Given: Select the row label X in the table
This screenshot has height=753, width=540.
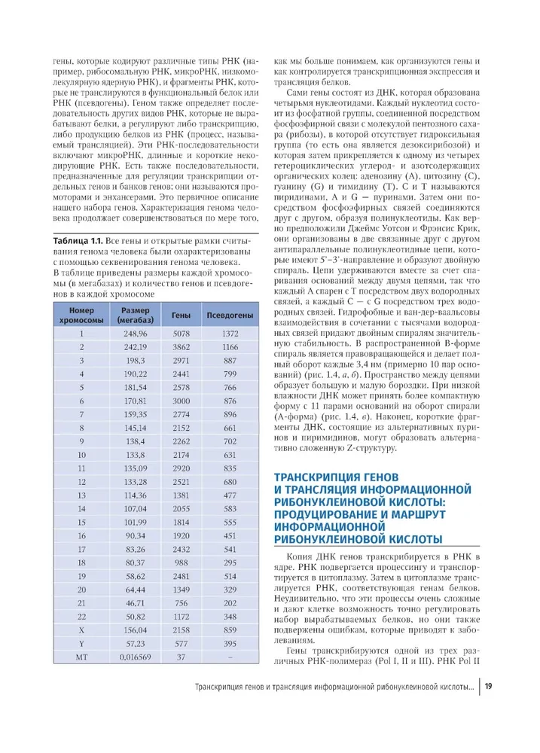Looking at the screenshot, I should click(x=81, y=629).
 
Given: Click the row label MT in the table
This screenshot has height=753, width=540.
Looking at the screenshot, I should click(x=81, y=657).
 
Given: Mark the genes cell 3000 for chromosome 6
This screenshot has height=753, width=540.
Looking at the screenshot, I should click(x=181, y=401).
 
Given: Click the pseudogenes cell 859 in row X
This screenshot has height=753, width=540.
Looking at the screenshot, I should click(x=230, y=629).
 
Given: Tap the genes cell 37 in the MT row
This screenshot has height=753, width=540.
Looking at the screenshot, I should click(x=181, y=657).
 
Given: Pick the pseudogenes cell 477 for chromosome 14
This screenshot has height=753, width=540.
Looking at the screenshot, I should click(x=230, y=508).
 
